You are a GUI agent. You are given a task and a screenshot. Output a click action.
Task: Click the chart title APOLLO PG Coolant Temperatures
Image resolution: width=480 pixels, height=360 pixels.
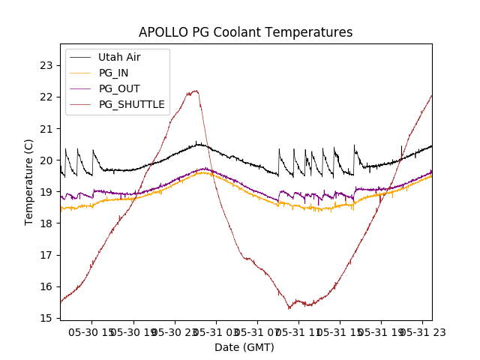[245, 32]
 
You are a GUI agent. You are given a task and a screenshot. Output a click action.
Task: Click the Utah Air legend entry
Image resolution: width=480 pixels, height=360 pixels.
[119, 57]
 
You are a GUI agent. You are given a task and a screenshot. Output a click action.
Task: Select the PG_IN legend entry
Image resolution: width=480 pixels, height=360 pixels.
[113, 73]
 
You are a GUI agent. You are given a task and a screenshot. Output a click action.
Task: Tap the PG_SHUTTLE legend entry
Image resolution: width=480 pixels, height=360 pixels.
[131, 104]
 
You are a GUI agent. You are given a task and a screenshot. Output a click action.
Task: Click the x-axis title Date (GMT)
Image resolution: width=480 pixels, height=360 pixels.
[244, 347]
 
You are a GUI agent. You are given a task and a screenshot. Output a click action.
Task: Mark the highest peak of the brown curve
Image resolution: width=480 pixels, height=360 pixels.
[196, 91]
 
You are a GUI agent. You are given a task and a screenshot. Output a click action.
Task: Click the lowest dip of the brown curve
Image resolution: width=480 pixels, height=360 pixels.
[289, 308]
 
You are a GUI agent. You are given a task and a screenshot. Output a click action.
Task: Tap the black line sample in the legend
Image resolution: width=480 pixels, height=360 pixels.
[80, 57]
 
